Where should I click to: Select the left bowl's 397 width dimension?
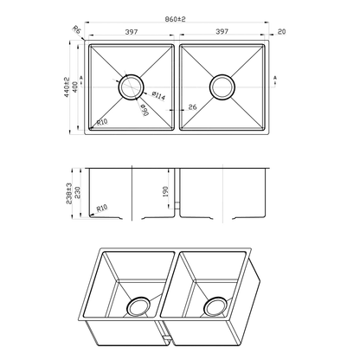pyautogui.click(x=131, y=33)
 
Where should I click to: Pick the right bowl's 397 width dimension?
pyautogui.click(x=222, y=33)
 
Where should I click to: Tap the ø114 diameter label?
pyautogui.click(x=158, y=96)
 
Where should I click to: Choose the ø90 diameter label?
pyautogui.click(x=143, y=111)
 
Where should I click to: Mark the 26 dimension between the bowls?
pyautogui.click(x=190, y=107)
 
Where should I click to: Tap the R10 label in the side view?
pyautogui.click(x=101, y=208)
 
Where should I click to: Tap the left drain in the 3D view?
pyautogui.click(x=138, y=307)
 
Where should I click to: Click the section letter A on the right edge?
pyautogui.click(x=275, y=79)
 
